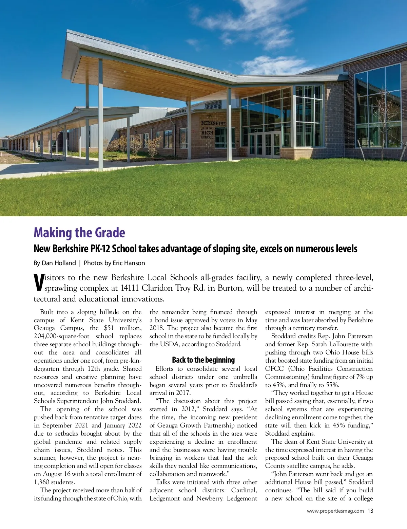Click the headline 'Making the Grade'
click(79, 233)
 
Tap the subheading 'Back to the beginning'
click(203, 360)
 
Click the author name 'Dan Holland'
click(59, 263)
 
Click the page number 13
click(370, 511)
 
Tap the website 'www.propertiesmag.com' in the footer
click(335, 511)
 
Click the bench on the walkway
click(111, 157)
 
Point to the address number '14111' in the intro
click(130, 288)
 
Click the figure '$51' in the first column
click(109, 328)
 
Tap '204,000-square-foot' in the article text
click(62, 336)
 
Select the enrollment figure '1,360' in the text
click(41, 482)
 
